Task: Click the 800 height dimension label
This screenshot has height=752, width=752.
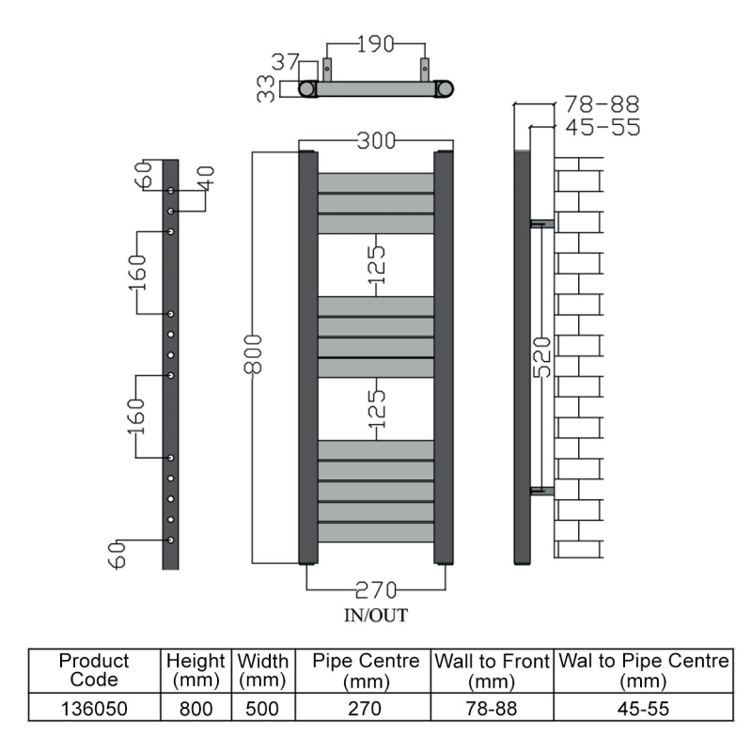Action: tap(253, 354)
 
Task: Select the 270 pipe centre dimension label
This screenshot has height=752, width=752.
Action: tap(375, 590)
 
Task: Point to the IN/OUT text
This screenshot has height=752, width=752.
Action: tap(376, 616)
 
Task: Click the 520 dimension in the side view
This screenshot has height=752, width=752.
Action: tap(541, 358)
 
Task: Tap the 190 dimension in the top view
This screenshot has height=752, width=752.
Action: tap(375, 44)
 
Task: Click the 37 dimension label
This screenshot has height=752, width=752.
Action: tap(285, 62)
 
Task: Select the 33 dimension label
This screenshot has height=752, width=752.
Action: tap(267, 88)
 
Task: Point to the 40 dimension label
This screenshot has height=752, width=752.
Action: tap(206, 178)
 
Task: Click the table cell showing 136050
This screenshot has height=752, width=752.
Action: tap(94, 708)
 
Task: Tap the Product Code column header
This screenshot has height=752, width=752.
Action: tap(94, 670)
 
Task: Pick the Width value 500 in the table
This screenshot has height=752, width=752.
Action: tap(262, 708)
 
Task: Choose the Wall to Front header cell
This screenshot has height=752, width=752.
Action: tap(492, 670)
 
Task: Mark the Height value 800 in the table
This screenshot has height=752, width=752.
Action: tap(197, 708)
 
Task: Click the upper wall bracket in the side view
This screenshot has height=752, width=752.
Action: tap(542, 224)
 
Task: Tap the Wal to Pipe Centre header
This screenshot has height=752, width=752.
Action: tap(643, 670)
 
